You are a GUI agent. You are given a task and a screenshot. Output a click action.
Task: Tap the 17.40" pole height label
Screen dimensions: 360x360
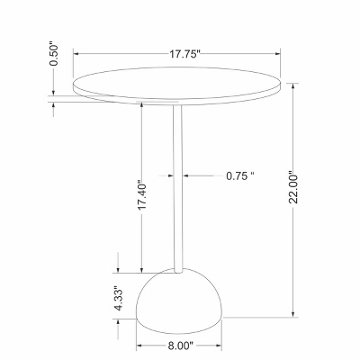pyautogui.click(x=139, y=196)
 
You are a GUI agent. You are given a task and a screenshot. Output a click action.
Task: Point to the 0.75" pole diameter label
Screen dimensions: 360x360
pyautogui.click(x=240, y=175)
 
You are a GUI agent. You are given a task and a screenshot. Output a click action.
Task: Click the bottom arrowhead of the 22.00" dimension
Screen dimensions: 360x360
pyautogui.click(x=294, y=315)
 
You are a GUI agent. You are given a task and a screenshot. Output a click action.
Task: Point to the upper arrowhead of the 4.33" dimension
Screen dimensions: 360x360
pyautogui.click(x=117, y=269)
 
